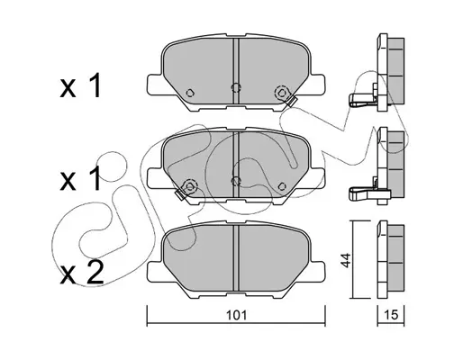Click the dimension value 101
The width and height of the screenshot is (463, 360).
click(236, 315)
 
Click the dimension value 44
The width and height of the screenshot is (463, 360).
click(346, 260)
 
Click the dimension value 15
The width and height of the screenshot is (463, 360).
click(391, 315)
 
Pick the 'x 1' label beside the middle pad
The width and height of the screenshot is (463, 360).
click(80, 179)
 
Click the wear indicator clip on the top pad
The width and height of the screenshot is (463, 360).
click(291, 101)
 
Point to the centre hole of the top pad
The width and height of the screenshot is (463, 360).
click(236, 87)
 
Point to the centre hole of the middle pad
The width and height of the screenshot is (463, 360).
click(236, 181)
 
